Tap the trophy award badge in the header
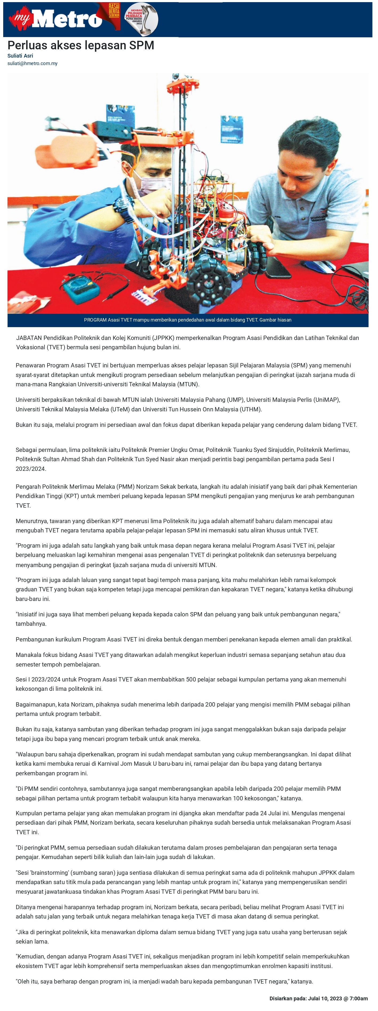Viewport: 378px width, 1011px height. [x=141, y=19]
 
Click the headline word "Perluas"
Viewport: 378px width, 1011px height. [x=27, y=46]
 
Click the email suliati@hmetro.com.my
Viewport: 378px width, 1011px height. [x=32, y=63]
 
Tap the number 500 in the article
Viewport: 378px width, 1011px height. [x=191, y=679]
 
